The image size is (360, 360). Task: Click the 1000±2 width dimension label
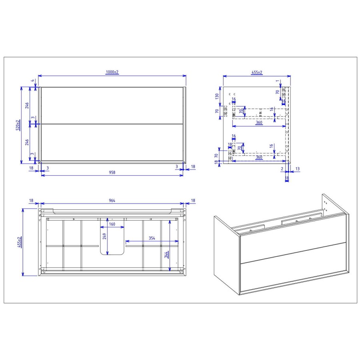coord(112,72)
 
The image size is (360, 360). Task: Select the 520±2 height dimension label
coord(18,124)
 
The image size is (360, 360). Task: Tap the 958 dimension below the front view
coord(112,172)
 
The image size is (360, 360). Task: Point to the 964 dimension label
coord(112,201)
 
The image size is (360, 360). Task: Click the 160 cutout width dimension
coord(112,224)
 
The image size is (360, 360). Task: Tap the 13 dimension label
coord(297,169)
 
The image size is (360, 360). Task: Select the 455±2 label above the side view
coord(257,72)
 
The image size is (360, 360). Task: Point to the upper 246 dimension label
coord(27,105)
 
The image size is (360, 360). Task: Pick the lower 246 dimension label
coord(27,143)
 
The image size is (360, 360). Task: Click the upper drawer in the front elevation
coord(112,105)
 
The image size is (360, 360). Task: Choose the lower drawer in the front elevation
coord(112,142)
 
